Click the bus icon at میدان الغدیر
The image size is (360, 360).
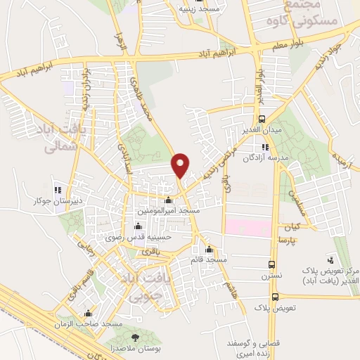point(262,119)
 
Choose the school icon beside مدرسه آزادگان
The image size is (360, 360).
point(264,147)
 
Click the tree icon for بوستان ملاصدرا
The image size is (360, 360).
point(135,339)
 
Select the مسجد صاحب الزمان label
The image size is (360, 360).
point(93,323)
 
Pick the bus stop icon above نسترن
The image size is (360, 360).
point(272,265)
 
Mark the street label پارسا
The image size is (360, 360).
point(307,240)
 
